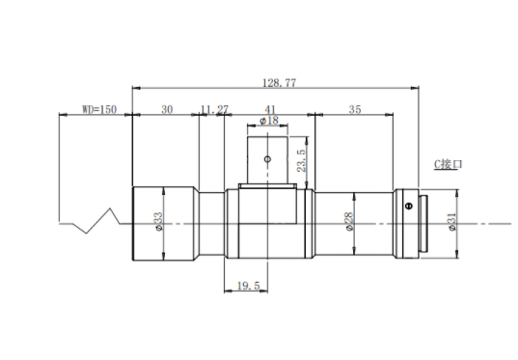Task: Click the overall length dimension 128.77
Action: tap(279, 83)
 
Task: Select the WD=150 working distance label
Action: tap(99, 109)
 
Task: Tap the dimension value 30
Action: tap(167, 109)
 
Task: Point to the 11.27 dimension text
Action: tap(214, 109)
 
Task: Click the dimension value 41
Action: tap(270, 109)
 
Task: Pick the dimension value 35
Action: tap(355, 109)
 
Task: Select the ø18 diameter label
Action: tap(269, 121)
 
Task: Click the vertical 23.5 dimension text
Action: tap(301, 160)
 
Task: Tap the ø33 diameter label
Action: tap(158, 221)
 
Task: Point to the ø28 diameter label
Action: tap(349, 221)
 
